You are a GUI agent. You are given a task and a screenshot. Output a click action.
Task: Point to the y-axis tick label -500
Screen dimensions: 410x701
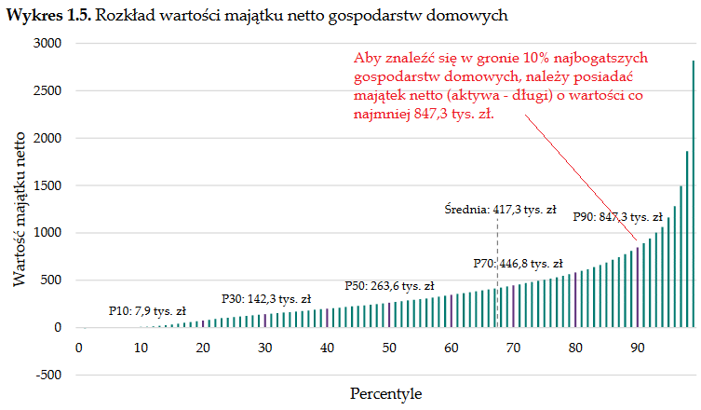[x=47, y=376]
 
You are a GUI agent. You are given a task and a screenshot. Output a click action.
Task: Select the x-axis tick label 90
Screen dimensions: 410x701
[x=637, y=348]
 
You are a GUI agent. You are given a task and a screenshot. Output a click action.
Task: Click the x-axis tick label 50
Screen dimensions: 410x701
[x=389, y=348]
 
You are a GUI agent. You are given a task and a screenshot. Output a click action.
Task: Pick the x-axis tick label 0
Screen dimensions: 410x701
[x=80, y=348]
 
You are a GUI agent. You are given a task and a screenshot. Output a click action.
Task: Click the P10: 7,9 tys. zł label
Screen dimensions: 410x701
[x=147, y=310]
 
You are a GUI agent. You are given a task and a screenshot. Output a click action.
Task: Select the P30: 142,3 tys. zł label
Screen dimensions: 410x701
[x=265, y=299]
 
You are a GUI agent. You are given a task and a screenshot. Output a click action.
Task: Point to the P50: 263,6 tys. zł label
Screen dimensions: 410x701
[x=389, y=285]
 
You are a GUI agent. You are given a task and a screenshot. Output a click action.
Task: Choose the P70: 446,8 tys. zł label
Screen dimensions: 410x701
[x=518, y=264]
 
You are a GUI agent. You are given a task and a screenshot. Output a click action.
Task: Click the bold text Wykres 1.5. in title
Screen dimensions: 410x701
[x=47, y=16]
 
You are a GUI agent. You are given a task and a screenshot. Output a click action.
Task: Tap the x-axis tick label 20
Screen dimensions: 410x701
[x=204, y=348]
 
